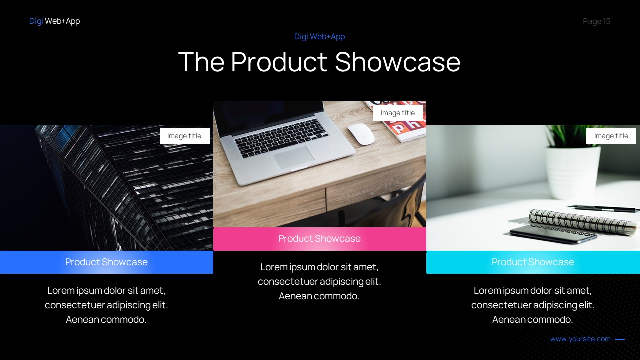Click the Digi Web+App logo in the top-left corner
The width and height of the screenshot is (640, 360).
pyautogui.click(x=54, y=21)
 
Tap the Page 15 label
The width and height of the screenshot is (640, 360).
pyautogui.click(x=596, y=21)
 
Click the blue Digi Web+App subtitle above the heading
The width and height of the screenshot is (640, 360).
pyautogui.click(x=319, y=36)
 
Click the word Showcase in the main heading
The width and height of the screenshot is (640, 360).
pyautogui.click(x=397, y=62)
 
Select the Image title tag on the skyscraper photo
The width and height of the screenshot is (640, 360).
pyautogui.click(x=184, y=136)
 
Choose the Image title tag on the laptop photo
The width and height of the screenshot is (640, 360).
pyautogui.click(x=397, y=113)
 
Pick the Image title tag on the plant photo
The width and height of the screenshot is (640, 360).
pyautogui.click(x=611, y=136)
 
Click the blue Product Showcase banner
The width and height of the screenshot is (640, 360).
pyautogui.click(x=106, y=262)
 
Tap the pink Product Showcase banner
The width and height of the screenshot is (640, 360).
pyautogui.click(x=319, y=239)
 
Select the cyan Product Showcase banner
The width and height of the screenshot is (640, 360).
pyautogui.click(x=533, y=262)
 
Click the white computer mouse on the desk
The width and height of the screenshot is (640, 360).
pyautogui.click(x=361, y=133)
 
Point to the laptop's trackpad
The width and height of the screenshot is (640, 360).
pyautogui.click(x=294, y=157)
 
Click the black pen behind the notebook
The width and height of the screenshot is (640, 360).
pyautogui.click(x=605, y=208)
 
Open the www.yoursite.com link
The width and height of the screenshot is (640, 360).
pyautogui.click(x=580, y=339)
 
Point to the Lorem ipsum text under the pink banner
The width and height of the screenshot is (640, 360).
pyautogui.click(x=319, y=281)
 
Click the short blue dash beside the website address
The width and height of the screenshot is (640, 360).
pyautogui.click(x=620, y=339)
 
